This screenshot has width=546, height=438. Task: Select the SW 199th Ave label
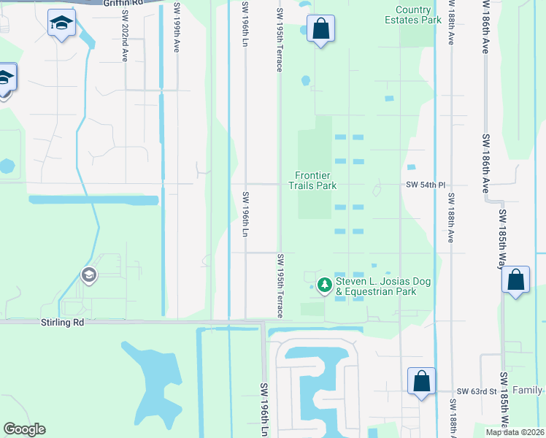pos(177,27)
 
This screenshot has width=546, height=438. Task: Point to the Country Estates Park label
pos(413,15)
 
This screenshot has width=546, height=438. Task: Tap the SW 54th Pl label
pos(426,185)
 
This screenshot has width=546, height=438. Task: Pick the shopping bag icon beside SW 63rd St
pos(421,382)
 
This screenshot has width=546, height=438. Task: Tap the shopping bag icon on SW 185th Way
pos(515,280)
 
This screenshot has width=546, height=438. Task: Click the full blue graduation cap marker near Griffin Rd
pos(61,24)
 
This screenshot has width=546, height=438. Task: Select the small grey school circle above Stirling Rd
pos(89,274)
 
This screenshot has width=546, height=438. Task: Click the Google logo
pos(24,429)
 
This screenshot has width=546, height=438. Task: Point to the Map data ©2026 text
pos(514,432)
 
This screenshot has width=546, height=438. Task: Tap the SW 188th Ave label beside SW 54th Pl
pos(451,218)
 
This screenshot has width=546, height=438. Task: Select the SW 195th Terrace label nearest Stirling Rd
pos(280,285)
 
